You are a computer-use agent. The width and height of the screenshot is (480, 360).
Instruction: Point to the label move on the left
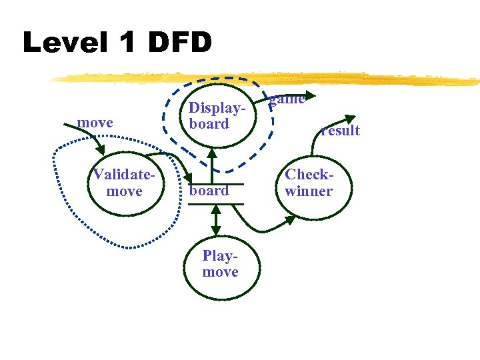[95, 123]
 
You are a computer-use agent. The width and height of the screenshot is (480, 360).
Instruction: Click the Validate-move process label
[124, 183]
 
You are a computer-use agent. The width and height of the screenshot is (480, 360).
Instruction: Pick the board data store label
[209, 191]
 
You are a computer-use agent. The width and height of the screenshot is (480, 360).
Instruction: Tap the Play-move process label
[220, 264]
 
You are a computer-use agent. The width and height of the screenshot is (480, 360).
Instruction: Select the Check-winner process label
[308, 183]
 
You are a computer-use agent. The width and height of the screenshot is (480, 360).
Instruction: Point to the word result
[340, 130]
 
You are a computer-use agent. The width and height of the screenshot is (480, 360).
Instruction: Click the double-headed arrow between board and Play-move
[215, 220]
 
